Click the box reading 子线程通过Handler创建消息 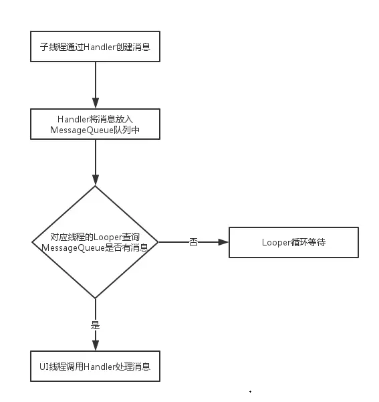point(96,47)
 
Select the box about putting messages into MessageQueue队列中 point(96,124)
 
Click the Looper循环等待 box point(293,242)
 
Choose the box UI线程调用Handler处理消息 point(96,367)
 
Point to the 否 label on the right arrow point(194,242)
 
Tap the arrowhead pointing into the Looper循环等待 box point(224,242)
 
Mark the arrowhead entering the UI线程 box point(96,345)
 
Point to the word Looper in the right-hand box point(275,242)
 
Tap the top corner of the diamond point(96,187)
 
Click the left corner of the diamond point(33,241)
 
